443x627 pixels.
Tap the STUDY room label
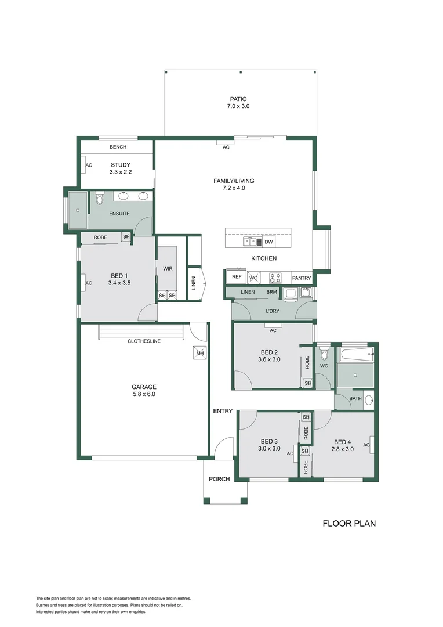(121, 165)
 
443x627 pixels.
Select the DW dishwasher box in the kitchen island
(268, 242)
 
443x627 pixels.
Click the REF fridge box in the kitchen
(237, 277)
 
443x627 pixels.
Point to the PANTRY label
(302, 278)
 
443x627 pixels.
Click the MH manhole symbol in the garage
(199, 353)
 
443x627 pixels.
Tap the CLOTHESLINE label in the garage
(144, 341)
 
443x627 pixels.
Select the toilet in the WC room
(324, 354)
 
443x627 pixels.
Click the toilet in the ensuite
(99, 199)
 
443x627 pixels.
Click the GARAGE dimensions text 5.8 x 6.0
(144, 394)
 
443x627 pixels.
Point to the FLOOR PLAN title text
(349, 523)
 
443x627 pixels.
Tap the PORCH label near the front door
(220, 479)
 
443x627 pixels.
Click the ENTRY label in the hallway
(223, 411)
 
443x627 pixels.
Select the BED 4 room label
(342, 441)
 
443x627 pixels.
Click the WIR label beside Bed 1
(168, 269)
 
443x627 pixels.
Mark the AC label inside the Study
(89, 165)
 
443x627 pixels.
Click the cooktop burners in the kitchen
(275, 278)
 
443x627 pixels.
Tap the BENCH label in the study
(118, 147)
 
